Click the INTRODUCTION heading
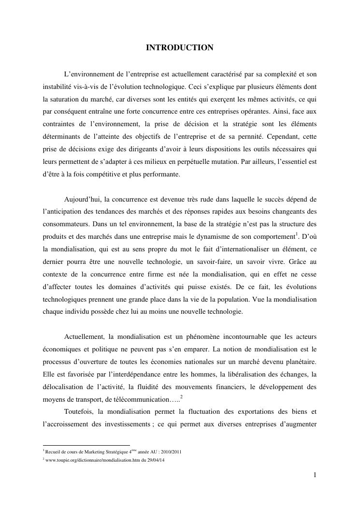click(180, 47)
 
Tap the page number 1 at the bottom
click(315, 475)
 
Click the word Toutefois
click(79, 412)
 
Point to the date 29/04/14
click(143, 460)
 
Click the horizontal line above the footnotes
click(86, 445)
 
